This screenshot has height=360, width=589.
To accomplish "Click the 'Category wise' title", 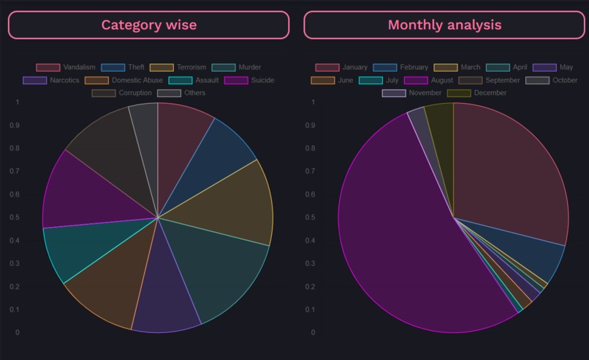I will (148, 25).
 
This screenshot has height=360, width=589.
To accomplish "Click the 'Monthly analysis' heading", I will (444, 25).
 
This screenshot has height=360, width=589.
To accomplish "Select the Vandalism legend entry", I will (66, 67).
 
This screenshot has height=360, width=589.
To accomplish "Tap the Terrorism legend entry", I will (178, 67).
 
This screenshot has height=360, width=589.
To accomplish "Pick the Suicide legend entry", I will (249, 80).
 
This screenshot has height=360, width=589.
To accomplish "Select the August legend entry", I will (430, 80).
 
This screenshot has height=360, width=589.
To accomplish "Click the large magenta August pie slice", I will (395, 241).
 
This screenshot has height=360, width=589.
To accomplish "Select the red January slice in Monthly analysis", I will (512, 168).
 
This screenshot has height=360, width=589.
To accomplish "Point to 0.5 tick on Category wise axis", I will (16, 217).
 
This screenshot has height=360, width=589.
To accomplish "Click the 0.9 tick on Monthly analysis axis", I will (313, 125).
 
